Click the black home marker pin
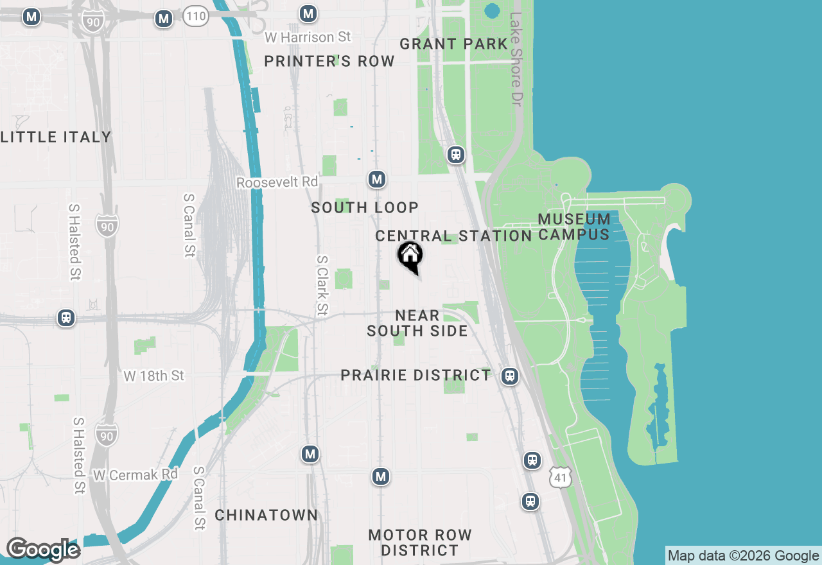pyautogui.click(x=410, y=256)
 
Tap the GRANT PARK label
pyautogui.click(x=453, y=44)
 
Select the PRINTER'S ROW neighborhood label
pyautogui.click(x=329, y=62)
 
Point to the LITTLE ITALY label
pyautogui.click(x=56, y=137)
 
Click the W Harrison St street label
pyautogui.click(x=308, y=37)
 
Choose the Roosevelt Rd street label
pyautogui.click(x=277, y=182)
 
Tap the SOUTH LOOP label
pyautogui.click(x=365, y=207)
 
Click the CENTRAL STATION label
pyautogui.click(x=453, y=236)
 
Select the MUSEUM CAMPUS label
pyautogui.click(x=574, y=227)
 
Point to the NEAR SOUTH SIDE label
pyautogui.click(x=417, y=323)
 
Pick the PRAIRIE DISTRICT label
pyautogui.click(x=415, y=375)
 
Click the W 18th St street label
pyautogui.click(x=153, y=376)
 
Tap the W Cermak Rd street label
pyautogui.click(x=136, y=475)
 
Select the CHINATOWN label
pyautogui.click(x=266, y=515)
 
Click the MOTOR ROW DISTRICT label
pyautogui.click(x=420, y=543)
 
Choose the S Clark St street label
pyautogui.click(x=322, y=286)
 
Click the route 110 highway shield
pyautogui.click(x=195, y=16)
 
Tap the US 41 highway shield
pyautogui.click(x=560, y=477)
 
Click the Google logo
pyautogui.click(x=43, y=550)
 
